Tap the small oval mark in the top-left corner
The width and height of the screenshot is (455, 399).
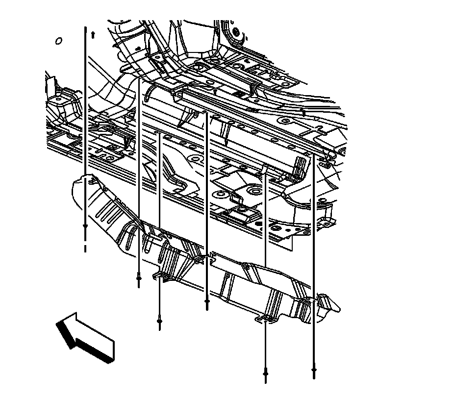59,41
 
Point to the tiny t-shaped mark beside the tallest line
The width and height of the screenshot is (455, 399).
93,35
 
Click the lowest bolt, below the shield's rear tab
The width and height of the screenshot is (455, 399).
265,374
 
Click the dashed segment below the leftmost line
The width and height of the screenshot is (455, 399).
85,247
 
